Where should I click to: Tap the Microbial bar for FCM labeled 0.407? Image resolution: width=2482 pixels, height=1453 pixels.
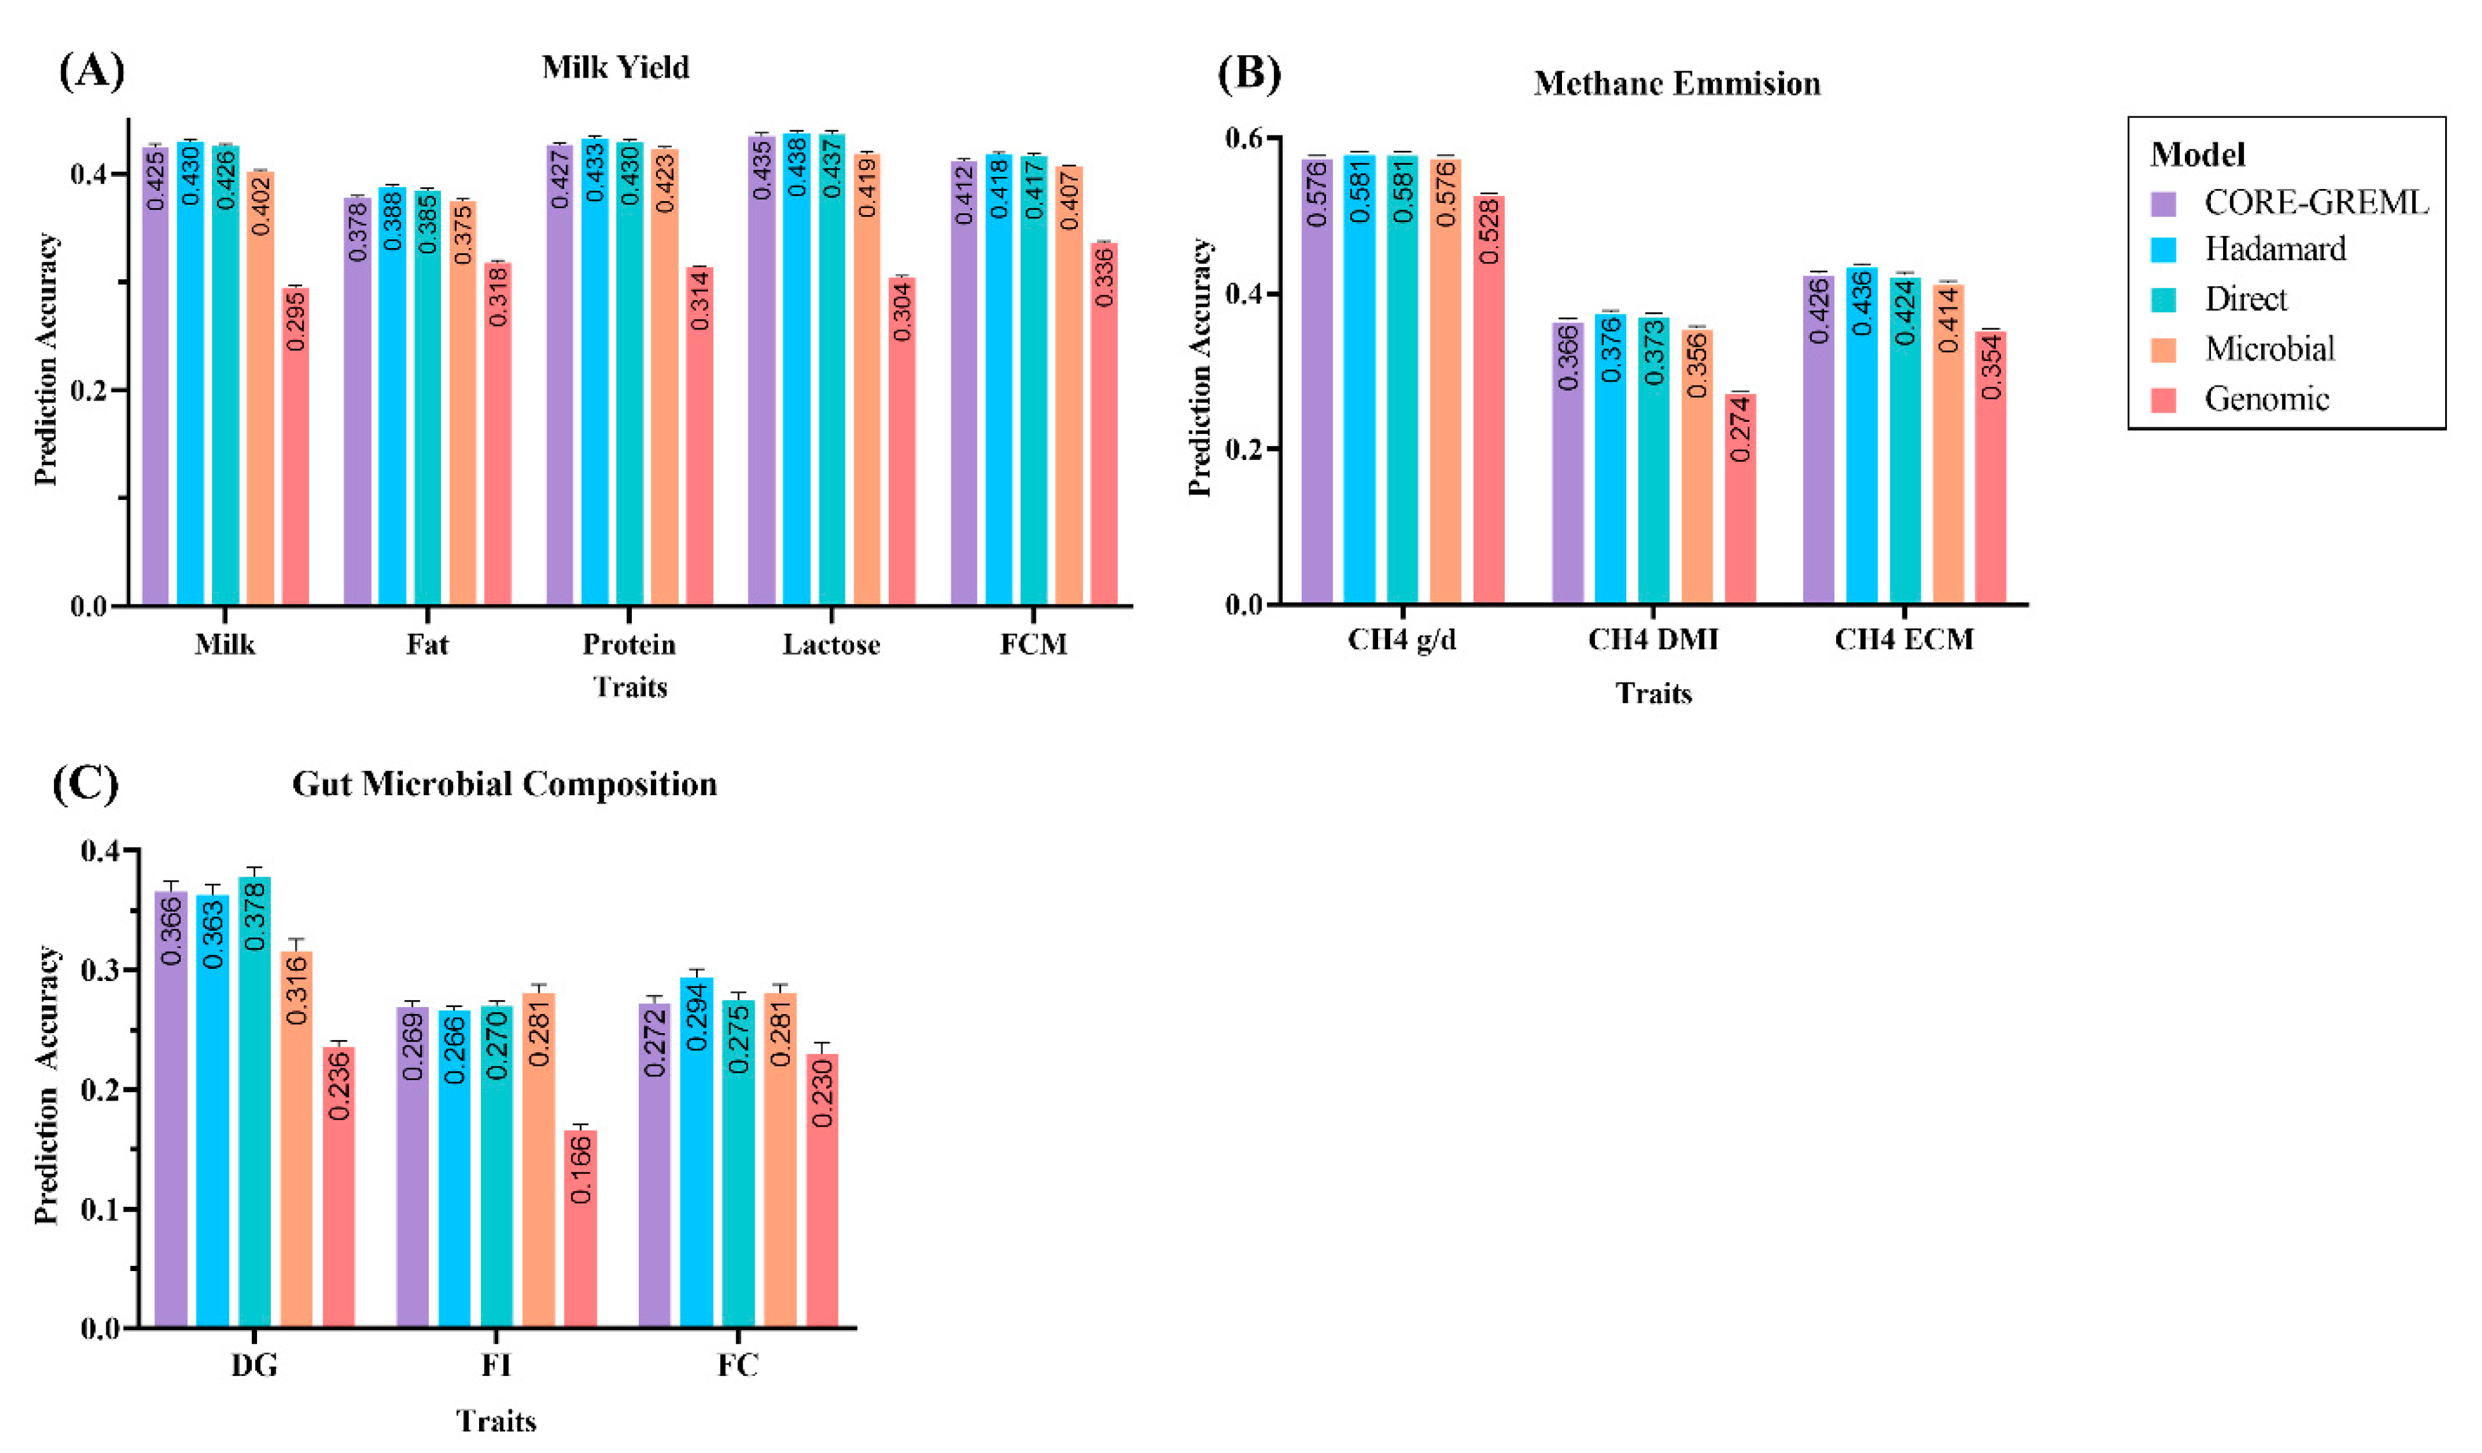coord(1069,384)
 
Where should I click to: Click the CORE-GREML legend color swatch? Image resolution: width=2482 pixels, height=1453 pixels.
coord(2164,204)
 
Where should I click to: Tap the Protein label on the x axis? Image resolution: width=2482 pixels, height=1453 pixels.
coord(629,644)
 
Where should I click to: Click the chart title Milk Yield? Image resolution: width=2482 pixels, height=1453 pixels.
coord(616,68)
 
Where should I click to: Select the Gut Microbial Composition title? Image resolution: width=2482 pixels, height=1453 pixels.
coord(505,784)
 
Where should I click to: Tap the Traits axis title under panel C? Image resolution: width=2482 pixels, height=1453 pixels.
coord(496,1421)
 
